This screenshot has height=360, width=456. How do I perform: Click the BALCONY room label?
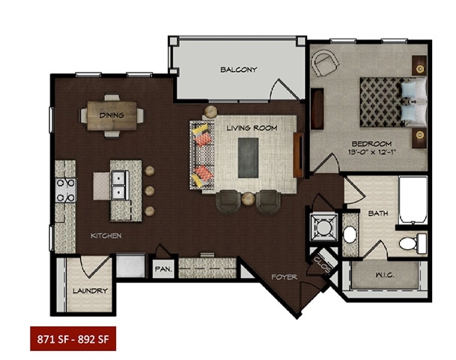[x=238, y=70]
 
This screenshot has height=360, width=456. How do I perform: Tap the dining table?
[x=112, y=116]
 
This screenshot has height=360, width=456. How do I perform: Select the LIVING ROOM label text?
[x=252, y=128]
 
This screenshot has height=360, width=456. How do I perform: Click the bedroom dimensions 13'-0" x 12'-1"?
[x=373, y=152]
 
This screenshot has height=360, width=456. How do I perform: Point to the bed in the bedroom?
[x=393, y=102]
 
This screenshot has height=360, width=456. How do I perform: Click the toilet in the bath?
[x=413, y=243]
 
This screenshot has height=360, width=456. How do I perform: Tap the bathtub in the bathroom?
[x=413, y=201]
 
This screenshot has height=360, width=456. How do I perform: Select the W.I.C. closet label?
[x=385, y=275]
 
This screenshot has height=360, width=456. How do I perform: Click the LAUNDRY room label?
[x=90, y=290]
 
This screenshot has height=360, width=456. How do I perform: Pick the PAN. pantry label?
[x=164, y=269]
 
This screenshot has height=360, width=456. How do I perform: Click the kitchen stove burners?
[x=66, y=190]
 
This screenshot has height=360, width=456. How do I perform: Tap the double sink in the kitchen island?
[x=120, y=185]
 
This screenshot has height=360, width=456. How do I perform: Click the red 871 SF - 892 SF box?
[x=73, y=339]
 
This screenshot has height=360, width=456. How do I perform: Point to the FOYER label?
[x=284, y=277]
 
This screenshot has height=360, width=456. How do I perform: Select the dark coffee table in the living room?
[x=248, y=158]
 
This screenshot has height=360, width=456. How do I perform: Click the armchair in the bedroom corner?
[x=325, y=63]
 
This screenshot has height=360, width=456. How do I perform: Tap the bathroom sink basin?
[x=350, y=234]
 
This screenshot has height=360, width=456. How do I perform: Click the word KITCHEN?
[x=106, y=236]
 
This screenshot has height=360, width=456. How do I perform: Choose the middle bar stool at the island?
[x=150, y=191]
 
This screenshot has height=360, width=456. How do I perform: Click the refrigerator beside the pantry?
[x=130, y=265]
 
